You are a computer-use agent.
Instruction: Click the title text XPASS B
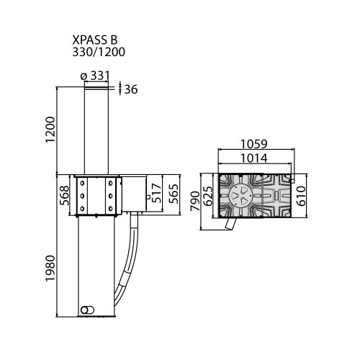95,40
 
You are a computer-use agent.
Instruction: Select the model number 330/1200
99,52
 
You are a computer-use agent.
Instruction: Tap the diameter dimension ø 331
95,76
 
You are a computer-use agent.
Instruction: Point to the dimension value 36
131,89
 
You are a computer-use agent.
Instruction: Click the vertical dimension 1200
50,130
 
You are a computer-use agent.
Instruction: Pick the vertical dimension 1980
50,268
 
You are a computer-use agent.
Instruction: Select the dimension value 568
64,195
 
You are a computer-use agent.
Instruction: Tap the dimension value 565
174,194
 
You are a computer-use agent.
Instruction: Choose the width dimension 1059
254,144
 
